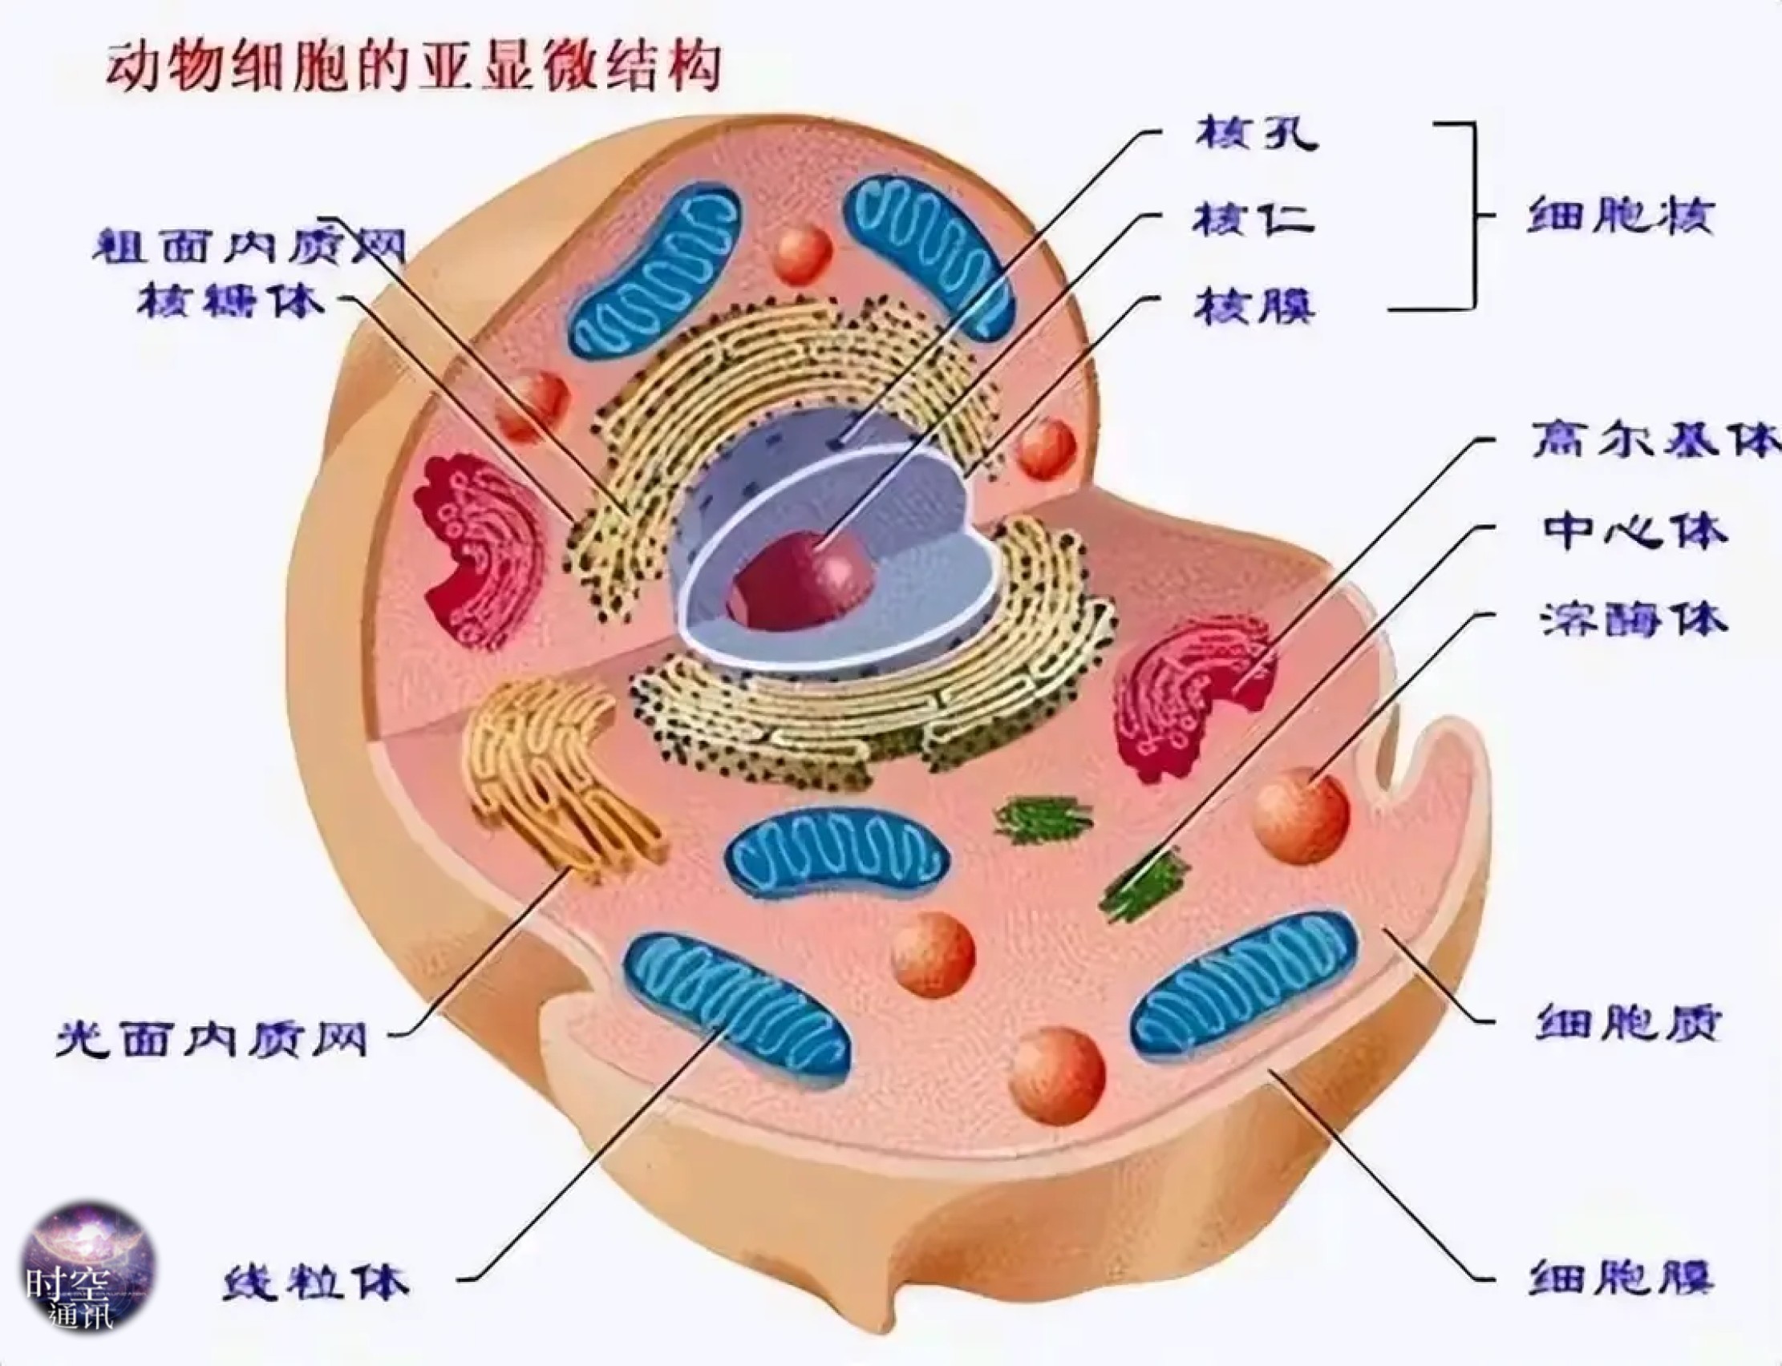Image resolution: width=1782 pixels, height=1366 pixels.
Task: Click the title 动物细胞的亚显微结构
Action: [x=413, y=68]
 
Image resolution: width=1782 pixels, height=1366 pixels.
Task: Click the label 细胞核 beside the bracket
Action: [x=1620, y=216]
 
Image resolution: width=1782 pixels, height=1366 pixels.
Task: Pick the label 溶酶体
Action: [x=1634, y=620]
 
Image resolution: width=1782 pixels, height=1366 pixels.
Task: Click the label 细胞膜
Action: [x=1622, y=1276]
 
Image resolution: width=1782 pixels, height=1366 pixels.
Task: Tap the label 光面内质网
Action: [x=213, y=1037]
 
